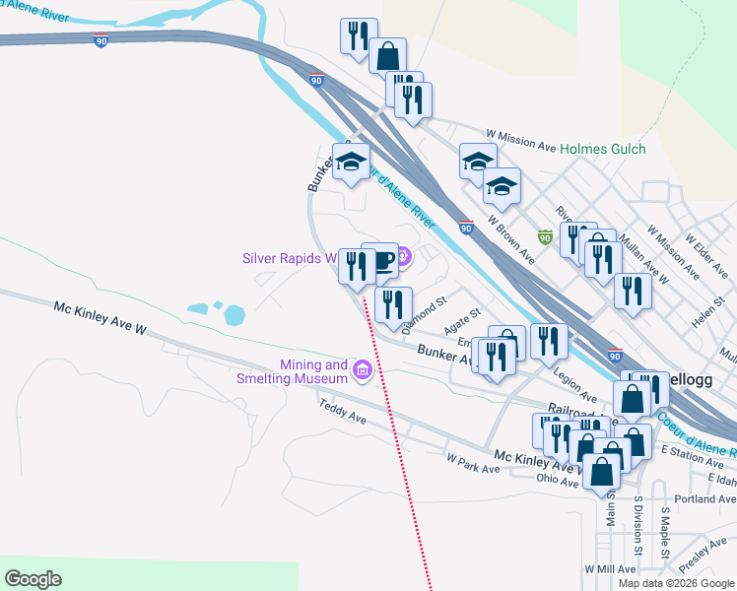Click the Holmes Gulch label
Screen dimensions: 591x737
point(602,149)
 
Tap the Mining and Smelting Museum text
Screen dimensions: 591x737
point(293,371)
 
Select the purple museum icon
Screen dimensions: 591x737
point(363,370)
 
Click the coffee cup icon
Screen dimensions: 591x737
point(381,260)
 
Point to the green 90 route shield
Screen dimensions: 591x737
point(545,237)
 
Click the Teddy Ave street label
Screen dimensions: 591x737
point(343,411)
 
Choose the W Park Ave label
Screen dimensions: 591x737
point(473,463)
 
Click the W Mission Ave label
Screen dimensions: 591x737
point(521,140)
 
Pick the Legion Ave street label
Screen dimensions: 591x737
point(575,380)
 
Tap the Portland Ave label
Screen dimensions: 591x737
point(704,499)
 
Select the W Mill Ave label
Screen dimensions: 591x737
point(610,569)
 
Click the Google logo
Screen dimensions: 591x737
point(33,578)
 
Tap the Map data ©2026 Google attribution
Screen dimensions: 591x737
point(676,583)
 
